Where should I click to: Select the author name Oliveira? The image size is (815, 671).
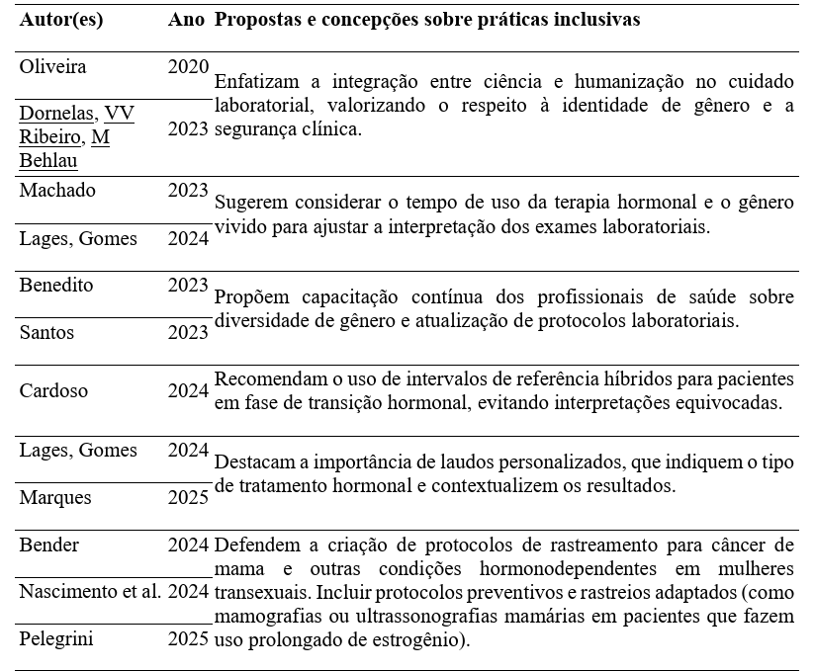point(53,67)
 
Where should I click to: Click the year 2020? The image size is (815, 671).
point(188,67)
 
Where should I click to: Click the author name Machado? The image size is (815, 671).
point(57,191)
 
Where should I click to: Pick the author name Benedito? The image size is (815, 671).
point(56,286)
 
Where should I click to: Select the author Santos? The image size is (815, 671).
point(46,333)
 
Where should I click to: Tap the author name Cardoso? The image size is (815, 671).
point(53,390)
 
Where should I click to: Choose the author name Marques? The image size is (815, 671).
point(55,497)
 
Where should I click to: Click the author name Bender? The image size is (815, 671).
point(49,545)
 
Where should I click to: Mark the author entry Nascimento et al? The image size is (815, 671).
point(90,592)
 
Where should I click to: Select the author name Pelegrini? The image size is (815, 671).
point(56,638)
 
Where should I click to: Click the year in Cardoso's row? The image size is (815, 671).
point(188,390)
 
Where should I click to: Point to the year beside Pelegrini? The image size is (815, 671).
point(188,638)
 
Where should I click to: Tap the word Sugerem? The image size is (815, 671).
point(249,203)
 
